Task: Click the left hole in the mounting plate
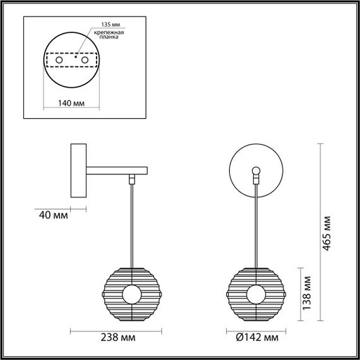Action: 59,59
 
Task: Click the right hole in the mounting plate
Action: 82,59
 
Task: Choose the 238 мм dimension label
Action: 117,338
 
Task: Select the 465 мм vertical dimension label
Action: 327,234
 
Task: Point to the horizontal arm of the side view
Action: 117,171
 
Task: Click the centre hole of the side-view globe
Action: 132,294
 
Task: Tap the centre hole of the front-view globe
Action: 256,294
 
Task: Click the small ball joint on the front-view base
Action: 256,171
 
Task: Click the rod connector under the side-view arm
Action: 132,179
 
